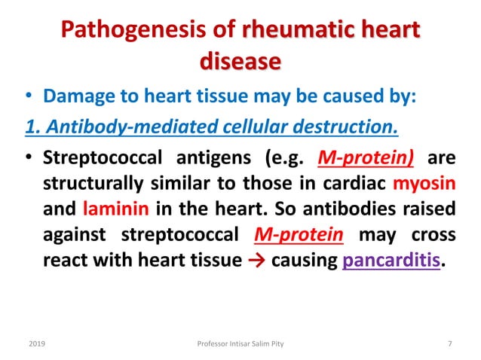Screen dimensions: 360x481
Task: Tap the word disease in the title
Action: [x=240, y=63]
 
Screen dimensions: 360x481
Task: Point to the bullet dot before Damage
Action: [x=29, y=99]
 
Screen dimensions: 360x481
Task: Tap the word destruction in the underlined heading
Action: [x=344, y=128]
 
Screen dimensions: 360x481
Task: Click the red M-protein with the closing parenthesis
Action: [x=372, y=160]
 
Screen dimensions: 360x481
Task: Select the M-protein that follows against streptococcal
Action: [x=297, y=232]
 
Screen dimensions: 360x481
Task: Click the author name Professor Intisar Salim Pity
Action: [x=240, y=343]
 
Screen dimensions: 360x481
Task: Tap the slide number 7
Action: [x=449, y=343]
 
